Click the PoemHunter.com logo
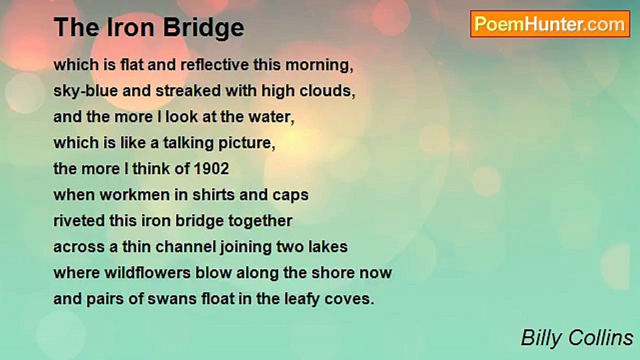pyautogui.click(x=550, y=24)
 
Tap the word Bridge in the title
pyautogui.click(x=203, y=28)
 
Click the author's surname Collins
pyautogui.click(x=601, y=338)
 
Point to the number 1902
pyautogui.click(x=211, y=169)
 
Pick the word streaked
pyautogui.click(x=188, y=91)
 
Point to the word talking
pyautogui.click(x=188, y=143)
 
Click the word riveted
pyautogui.click(x=79, y=221)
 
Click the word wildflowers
pyautogui.click(x=147, y=273)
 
